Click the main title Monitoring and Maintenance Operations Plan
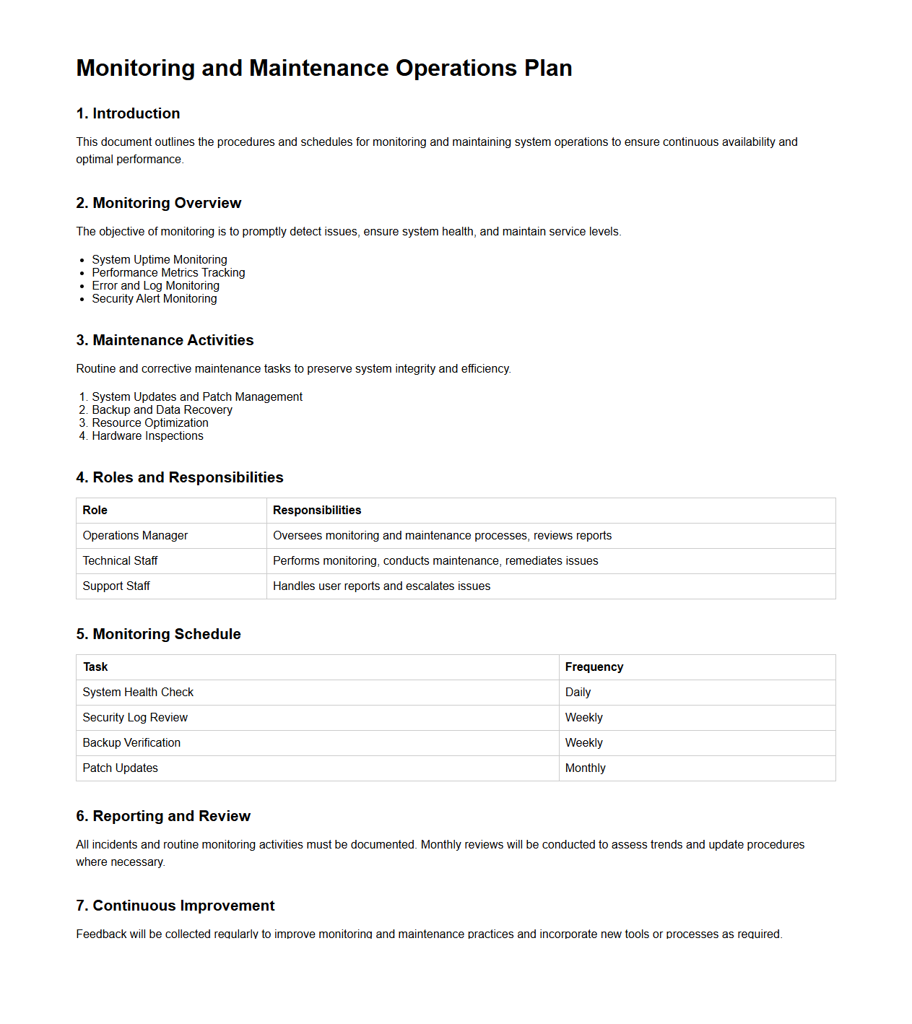(x=324, y=68)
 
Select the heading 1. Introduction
(x=128, y=113)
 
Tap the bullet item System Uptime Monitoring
(x=160, y=259)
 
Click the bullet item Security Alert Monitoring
(x=155, y=298)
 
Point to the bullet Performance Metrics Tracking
(x=168, y=272)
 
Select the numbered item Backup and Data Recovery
(x=162, y=409)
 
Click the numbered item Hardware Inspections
(x=147, y=435)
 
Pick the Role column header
(x=95, y=510)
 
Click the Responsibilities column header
(x=317, y=510)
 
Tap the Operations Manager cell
(x=135, y=535)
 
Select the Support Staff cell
(x=116, y=586)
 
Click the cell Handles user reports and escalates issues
(x=381, y=586)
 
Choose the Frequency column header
(x=594, y=667)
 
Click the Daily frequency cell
(x=578, y=692)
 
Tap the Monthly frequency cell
(x=585, y=768)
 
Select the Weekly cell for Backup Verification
(x=583, y=742)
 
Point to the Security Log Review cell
(x=135, y=717)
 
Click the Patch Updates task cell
(x=120, y=768)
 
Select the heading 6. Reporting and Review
(x=163, y=816)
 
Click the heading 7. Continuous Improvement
(x=175, y=906)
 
